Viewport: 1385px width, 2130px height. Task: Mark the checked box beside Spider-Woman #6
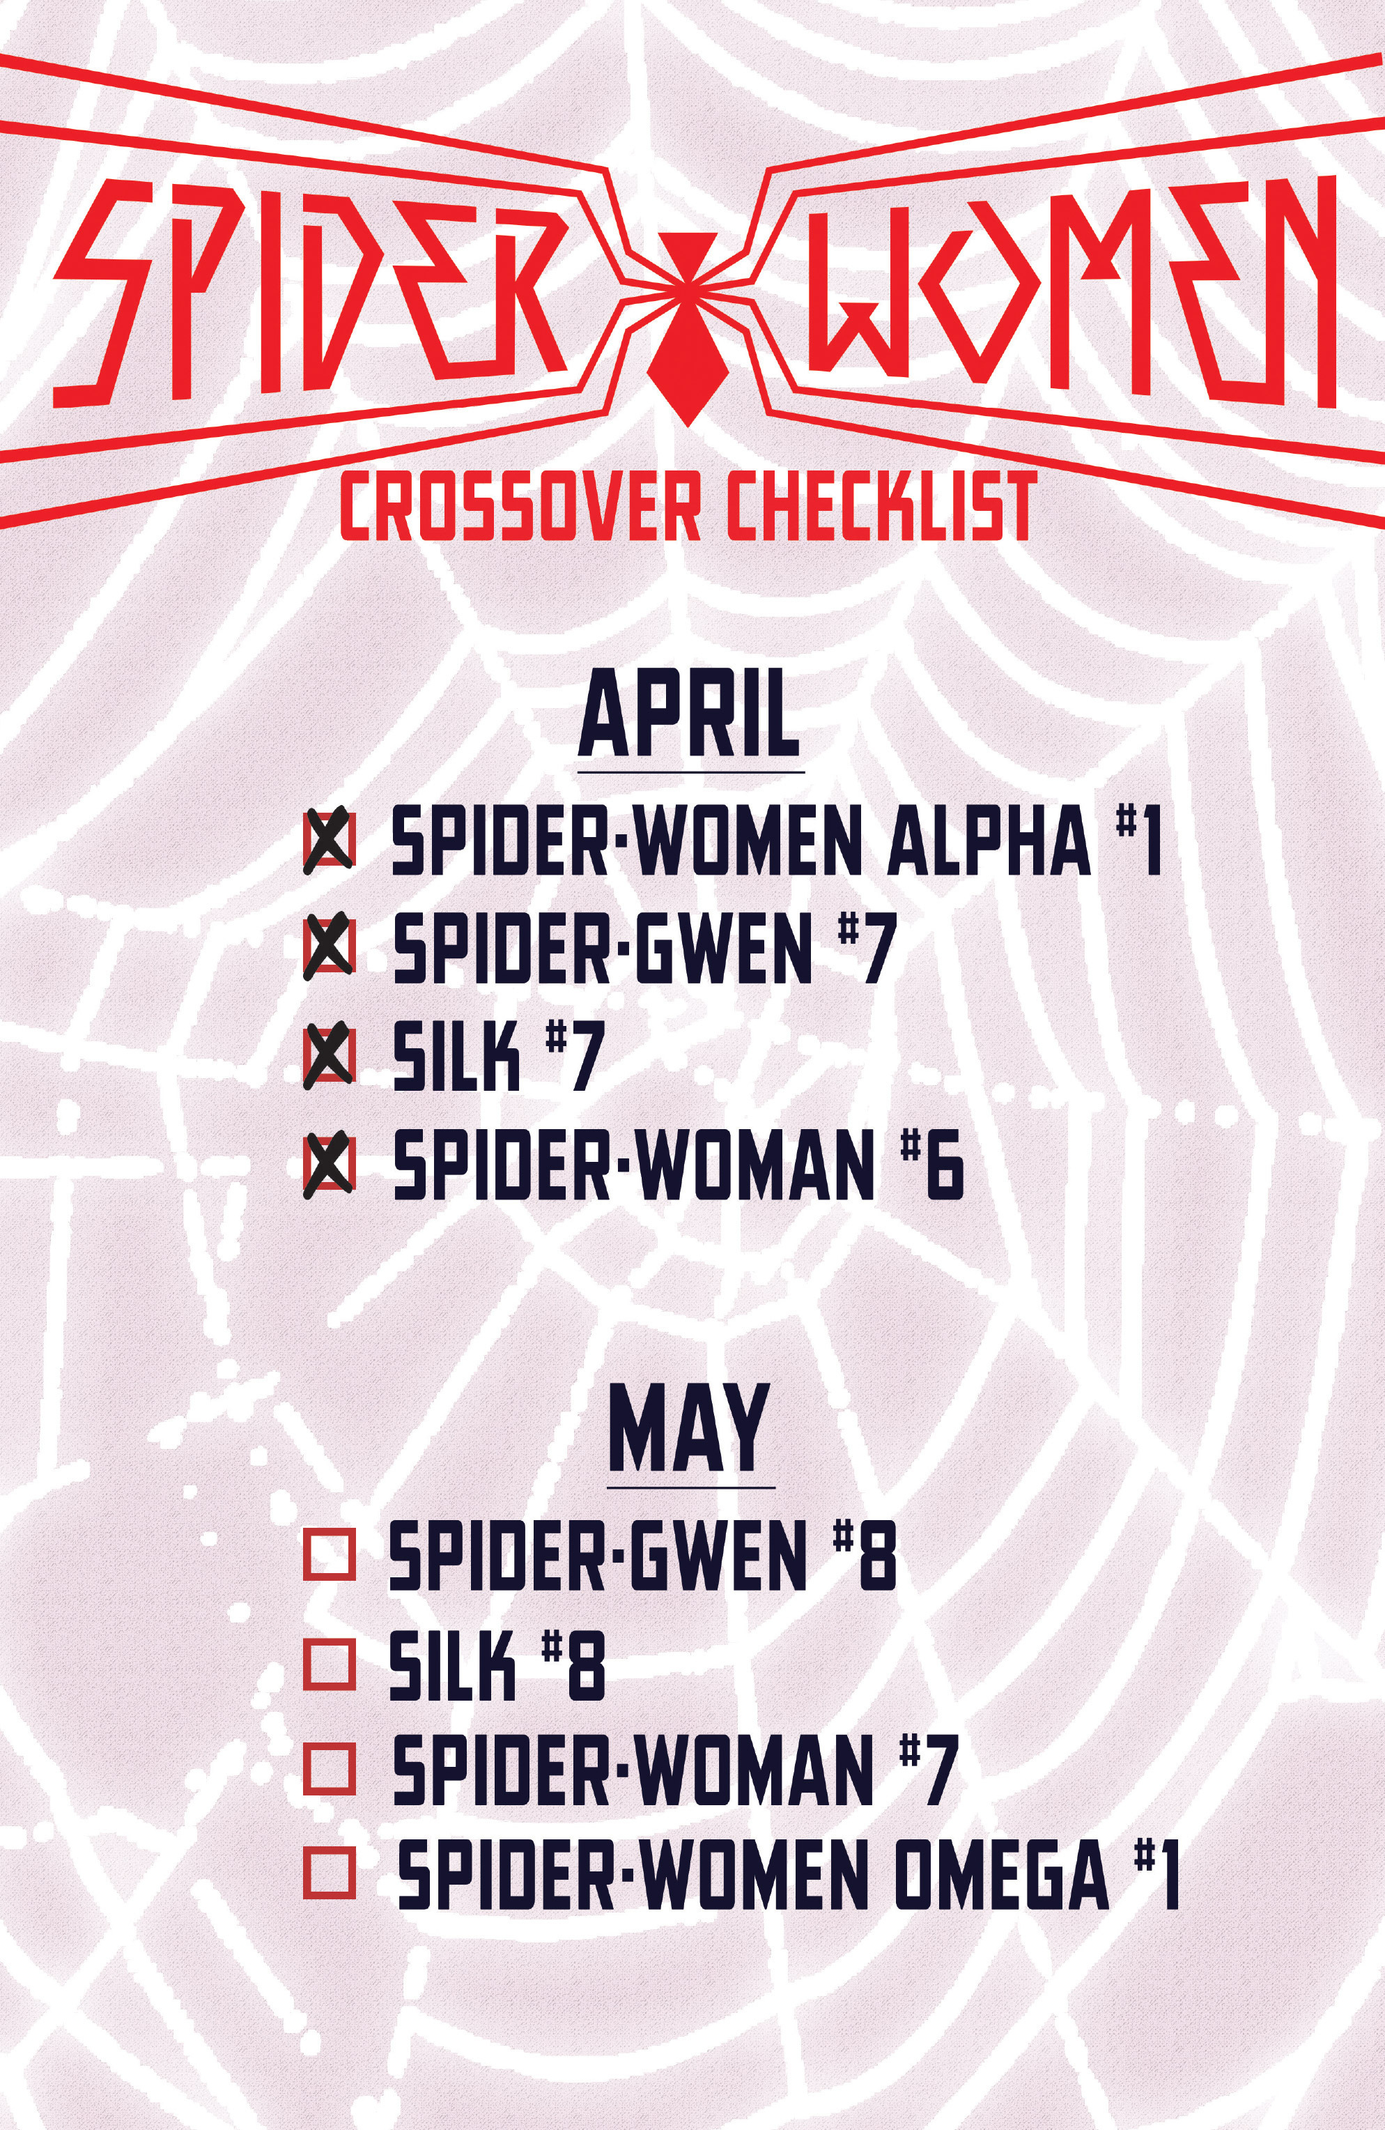(330, 1165)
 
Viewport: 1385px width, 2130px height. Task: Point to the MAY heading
(690, 1434)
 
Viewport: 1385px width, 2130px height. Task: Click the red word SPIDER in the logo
(309, 291)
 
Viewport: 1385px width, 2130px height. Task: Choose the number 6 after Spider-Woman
(945, 1167)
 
